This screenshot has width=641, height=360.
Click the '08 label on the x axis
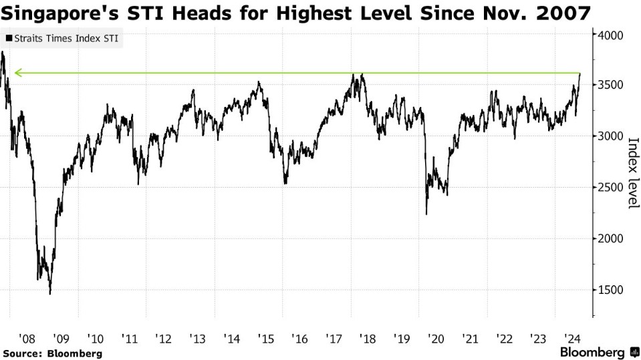[27, 338]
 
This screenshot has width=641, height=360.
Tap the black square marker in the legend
[8, 39]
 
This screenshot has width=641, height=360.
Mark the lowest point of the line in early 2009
[50, 293]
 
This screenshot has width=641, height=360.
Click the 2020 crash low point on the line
[426, 214]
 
